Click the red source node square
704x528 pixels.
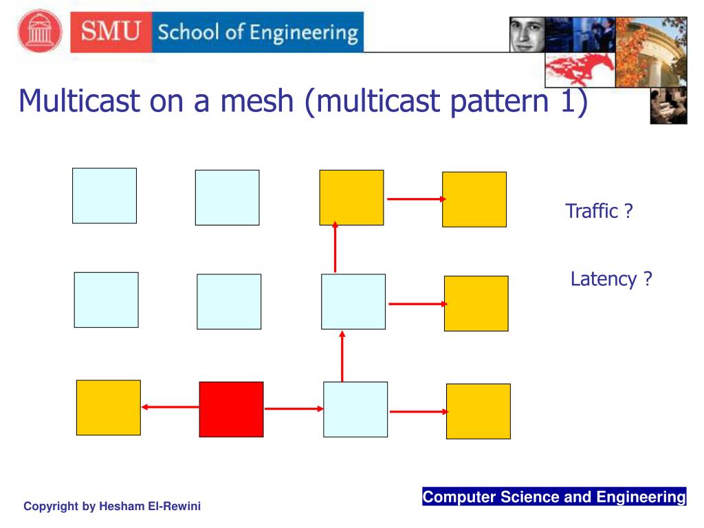coord(231,409)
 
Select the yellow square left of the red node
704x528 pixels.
coord(108,407)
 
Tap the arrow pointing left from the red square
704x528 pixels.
coord(170,407)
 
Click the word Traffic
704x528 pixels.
coord(592,210)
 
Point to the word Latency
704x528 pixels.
coord(604,279)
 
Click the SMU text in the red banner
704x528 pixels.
coord(111,32)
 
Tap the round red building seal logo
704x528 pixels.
coord(40,31)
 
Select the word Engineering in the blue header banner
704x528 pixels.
coord(303,33)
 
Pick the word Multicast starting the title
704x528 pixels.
coord(79,100)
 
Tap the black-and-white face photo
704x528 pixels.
coord(527,34)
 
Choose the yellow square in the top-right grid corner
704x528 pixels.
coord(474,199)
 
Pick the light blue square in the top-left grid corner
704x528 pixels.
coord(104,196)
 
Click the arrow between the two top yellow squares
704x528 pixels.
coord(417,199)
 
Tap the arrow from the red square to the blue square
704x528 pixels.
coord(294,408)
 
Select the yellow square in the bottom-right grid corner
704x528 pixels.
coord(478,411)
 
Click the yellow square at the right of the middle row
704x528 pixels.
coord(476,303)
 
